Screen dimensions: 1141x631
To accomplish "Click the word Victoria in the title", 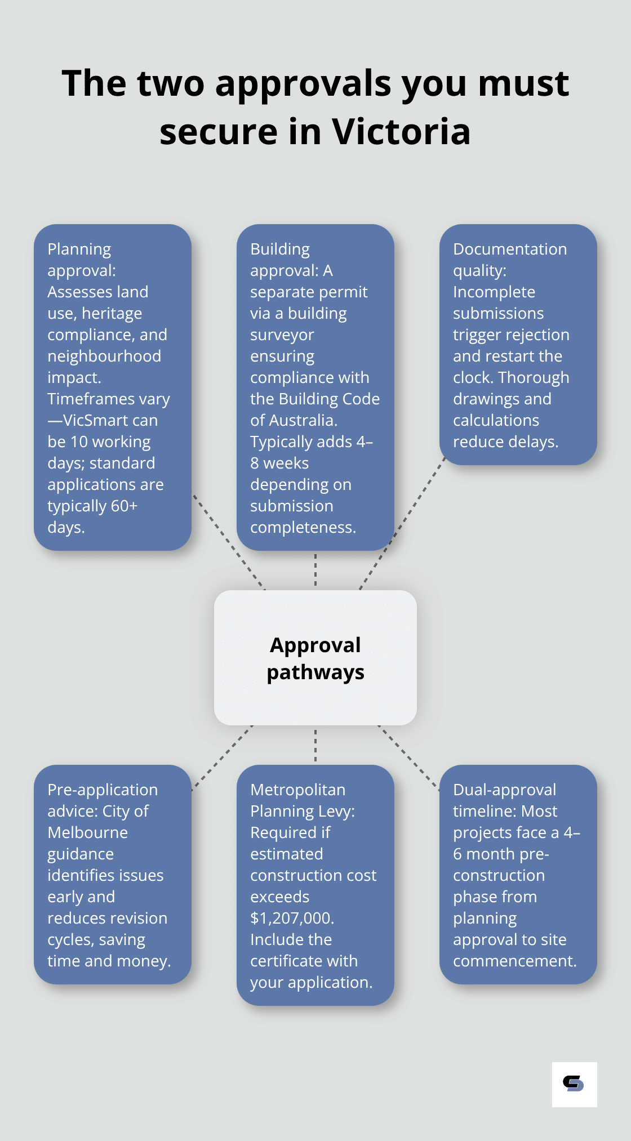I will [x=401, y=132].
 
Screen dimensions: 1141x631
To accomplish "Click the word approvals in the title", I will [x=303, y=83].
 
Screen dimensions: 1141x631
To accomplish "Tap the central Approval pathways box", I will [x=315, y=657].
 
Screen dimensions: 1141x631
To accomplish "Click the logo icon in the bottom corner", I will [x=574, y=1084].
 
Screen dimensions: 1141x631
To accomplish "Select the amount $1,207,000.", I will [x=292, y=918].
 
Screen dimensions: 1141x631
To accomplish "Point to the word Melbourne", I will [x=88, y=832].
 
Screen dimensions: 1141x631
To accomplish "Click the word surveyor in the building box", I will [x=282, y=335].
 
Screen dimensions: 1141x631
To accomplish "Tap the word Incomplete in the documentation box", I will [x=494, y=292].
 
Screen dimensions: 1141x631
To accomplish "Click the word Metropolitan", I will [x=297, y=790].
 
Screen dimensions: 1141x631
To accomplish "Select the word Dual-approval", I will [x=504, y=790].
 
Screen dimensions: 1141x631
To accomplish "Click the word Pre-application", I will [x=103, y=790].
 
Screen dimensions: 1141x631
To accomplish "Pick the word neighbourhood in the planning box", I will [x=104, y=356].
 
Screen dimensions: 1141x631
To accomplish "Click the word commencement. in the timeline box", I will [x=514, y=961].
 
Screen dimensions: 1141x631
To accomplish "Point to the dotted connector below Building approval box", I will [x=315, y=570].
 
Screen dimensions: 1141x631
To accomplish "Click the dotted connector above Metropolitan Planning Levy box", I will [x=315, y=745].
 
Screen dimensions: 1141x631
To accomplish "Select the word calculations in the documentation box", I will [x=496, y=420].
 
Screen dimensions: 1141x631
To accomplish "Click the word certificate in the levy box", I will [x=304, y=961].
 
